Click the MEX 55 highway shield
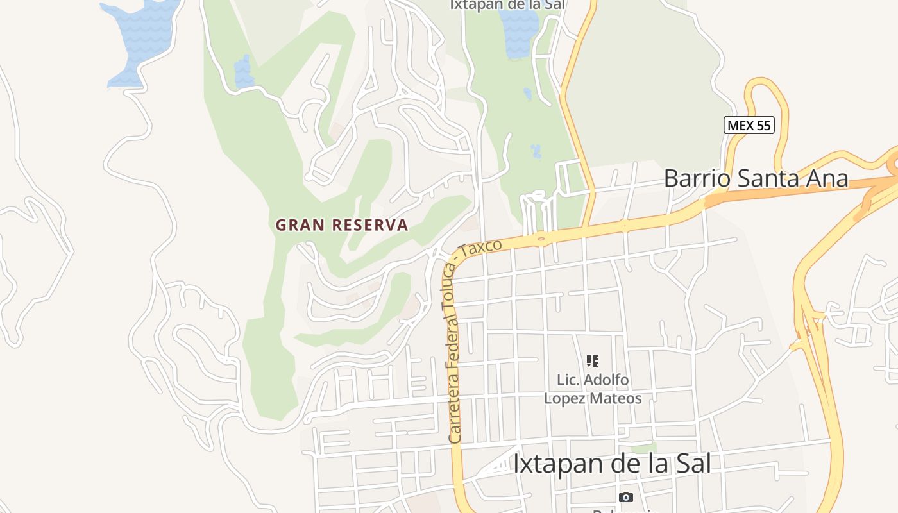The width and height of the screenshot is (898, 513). (749, 126)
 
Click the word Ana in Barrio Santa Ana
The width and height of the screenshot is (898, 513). (827, 178)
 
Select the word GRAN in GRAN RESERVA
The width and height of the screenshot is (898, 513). (299, 225)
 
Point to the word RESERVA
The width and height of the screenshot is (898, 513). (370, 225)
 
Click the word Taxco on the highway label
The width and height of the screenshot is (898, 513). (482, 247)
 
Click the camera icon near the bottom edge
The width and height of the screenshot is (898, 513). (625, 497)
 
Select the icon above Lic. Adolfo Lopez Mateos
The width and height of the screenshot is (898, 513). (593, 361)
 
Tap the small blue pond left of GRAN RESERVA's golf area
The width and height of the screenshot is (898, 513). (244, 72)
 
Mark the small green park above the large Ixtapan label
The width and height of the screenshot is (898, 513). (643, 448)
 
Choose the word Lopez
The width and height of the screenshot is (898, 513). (567, 398)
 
